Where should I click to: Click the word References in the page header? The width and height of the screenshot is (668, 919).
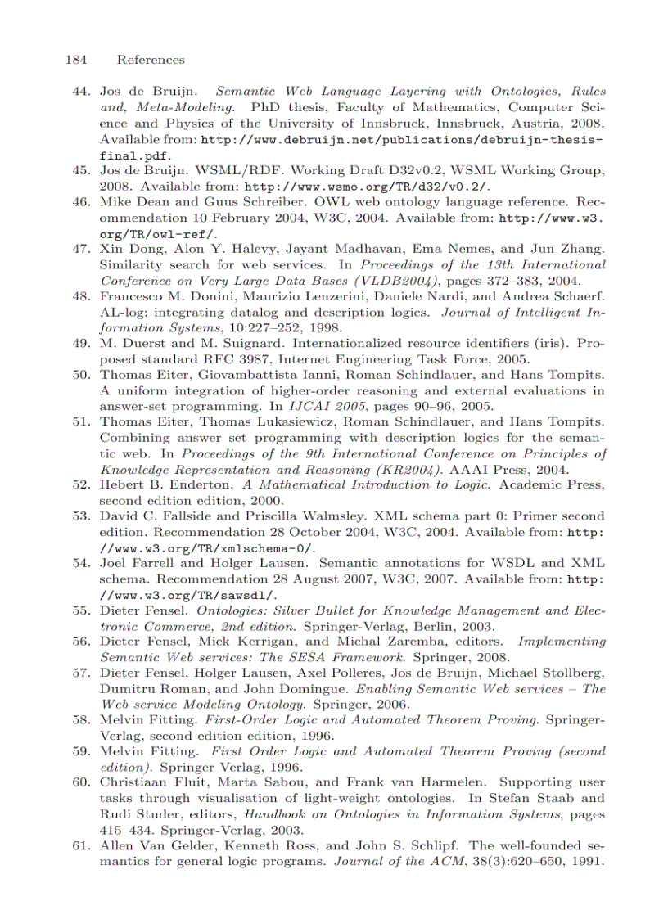click(151, 60)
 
